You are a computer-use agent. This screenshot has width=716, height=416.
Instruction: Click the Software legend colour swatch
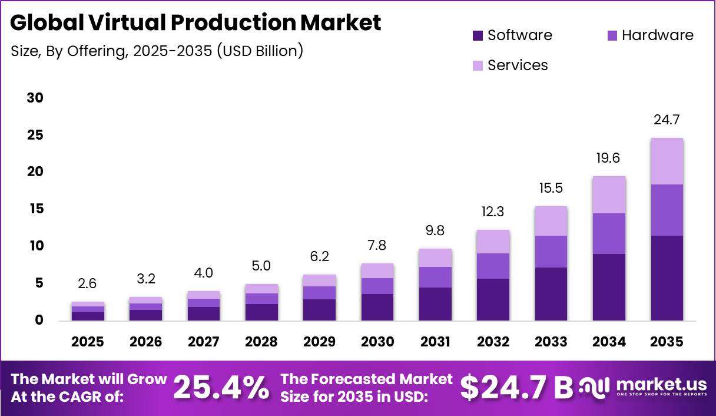(478, 35)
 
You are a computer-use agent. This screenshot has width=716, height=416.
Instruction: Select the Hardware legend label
(658, 35)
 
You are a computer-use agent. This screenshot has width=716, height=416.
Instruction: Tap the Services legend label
(518, 65)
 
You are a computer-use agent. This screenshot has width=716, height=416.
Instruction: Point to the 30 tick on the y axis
(35, 98)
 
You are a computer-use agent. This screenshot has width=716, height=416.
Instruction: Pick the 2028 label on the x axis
(261, 342)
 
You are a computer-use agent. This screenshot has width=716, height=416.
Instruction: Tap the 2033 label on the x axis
(551, 342)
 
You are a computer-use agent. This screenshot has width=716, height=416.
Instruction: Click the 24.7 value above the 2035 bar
(667, 120)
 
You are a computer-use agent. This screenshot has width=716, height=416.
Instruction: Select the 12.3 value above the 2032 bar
(493, 212)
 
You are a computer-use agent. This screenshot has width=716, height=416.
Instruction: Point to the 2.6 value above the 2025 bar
(87, 283)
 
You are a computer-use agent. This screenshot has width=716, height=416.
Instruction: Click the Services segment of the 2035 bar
(667, 161)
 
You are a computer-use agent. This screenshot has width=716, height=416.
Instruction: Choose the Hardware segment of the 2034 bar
(609, 234)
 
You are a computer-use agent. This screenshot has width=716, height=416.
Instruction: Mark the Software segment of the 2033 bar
(551, 294)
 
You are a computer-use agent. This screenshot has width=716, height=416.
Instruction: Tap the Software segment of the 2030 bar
(377, 307)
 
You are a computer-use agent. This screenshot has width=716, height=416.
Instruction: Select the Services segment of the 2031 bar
(435, 257)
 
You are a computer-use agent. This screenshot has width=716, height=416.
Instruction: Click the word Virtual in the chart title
(127, 22)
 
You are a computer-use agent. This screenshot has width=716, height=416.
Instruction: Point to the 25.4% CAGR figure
(221, 387)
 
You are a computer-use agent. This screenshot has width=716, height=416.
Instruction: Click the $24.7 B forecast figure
(516, 388)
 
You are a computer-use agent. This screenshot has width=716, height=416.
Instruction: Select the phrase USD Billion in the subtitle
(260, 51)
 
